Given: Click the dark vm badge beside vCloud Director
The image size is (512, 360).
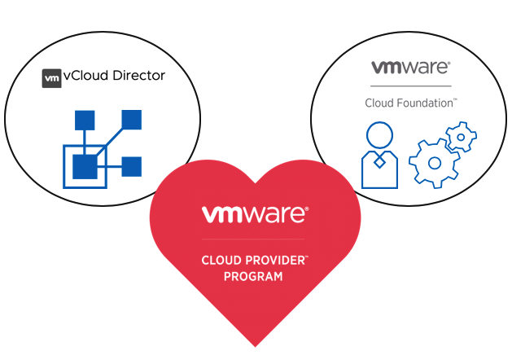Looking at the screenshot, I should [x=51, y=77].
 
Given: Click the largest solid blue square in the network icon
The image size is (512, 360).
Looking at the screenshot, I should [x=85, y=166].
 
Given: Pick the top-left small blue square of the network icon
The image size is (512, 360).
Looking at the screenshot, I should [x=85, y=121].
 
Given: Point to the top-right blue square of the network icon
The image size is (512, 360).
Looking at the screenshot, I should [x=132, y=121].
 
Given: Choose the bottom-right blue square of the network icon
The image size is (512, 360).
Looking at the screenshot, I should [x=131, y=166].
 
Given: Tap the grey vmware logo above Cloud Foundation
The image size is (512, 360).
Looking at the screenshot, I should [x=410, y=68].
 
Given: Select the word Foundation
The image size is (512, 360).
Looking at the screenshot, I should [x=428, y=103].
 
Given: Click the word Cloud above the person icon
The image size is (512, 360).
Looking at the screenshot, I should [x=380, y=103].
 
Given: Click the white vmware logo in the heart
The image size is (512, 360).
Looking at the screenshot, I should [x=254, y=215].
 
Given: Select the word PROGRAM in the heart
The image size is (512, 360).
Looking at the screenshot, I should [x=254, y=277].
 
